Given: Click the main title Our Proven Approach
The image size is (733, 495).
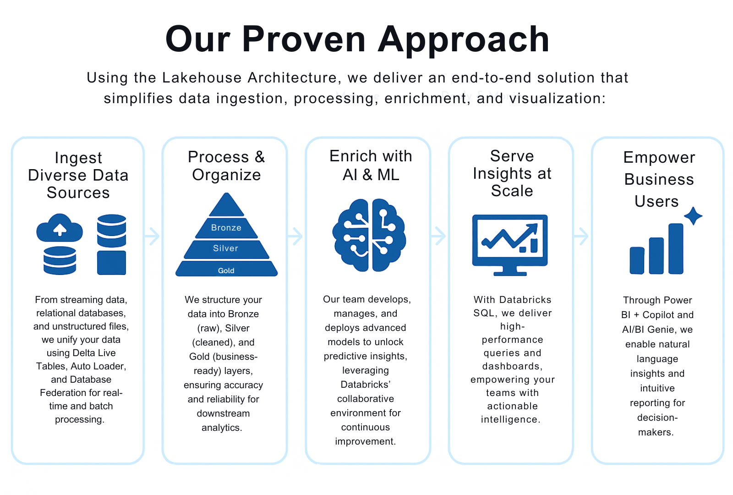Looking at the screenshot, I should point(357,39).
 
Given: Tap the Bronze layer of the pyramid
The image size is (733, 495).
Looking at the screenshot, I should point(226,228).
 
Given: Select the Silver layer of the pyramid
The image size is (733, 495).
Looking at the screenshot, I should point(226,248).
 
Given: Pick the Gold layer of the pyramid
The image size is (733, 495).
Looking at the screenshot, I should point(226,269).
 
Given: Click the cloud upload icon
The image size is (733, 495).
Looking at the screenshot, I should point(60,228).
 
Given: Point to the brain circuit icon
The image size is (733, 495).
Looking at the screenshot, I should point(369,235).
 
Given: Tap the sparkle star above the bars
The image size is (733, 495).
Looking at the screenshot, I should point(693,216).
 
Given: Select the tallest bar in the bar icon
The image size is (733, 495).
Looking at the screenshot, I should point(676,248).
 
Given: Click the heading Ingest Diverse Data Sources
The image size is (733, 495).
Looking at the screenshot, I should point(78,175).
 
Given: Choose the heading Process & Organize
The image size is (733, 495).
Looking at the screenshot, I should point(226,165).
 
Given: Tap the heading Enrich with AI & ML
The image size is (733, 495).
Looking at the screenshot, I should point(371,165).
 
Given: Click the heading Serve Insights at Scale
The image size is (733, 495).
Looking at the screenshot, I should point(512,173).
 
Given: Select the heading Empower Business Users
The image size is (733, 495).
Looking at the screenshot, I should point(659,179).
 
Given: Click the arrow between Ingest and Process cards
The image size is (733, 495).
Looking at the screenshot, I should point(153,236).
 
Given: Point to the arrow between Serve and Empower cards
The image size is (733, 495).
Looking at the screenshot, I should point(581,236).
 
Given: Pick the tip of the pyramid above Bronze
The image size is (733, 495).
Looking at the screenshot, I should point(226,205).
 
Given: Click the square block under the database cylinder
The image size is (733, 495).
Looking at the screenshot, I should point(111,263).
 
